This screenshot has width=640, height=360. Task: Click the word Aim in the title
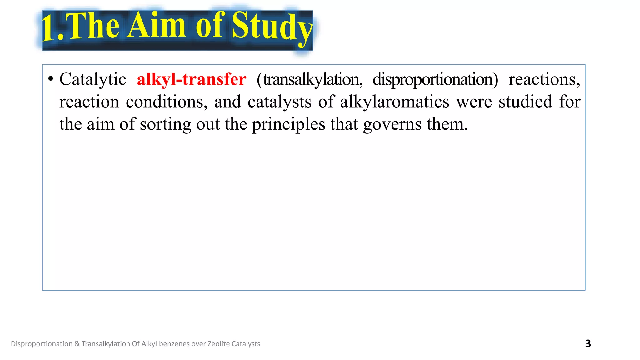(x=157, y=26)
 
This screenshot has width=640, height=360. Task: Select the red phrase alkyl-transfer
(x=191, y=79)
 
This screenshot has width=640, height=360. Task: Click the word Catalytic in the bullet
(x=93, y=79)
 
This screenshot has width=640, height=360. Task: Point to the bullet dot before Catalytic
(x=51, y=79)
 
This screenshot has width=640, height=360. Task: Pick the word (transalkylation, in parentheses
(x=309, y=79)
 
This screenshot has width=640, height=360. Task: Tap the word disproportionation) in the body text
(x=435, y=79)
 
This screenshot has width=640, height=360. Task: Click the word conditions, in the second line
(x=167, y=102)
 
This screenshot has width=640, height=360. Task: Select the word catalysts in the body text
(x=279, y=102)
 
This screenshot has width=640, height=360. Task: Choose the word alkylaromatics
(x=394, y=102)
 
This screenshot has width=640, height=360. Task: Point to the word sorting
(x=165, y=124)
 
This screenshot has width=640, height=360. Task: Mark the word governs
(x=392, y=124)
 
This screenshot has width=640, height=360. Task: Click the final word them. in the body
(x=447, y=124)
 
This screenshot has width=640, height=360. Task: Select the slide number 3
(x=588, y=344)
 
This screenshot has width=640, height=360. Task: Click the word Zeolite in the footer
(x=219, y=344)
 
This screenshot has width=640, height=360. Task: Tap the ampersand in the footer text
(x=77, y=344)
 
